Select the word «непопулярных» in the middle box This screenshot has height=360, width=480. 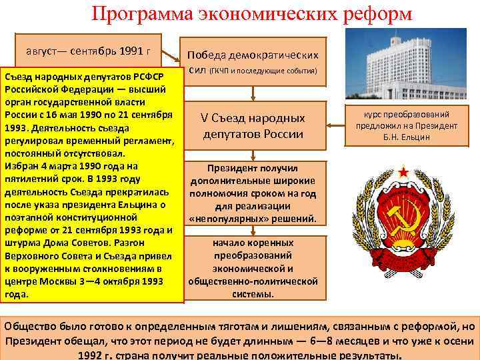pos(253,218)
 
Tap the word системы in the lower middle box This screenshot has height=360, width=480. pos(253,293)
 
